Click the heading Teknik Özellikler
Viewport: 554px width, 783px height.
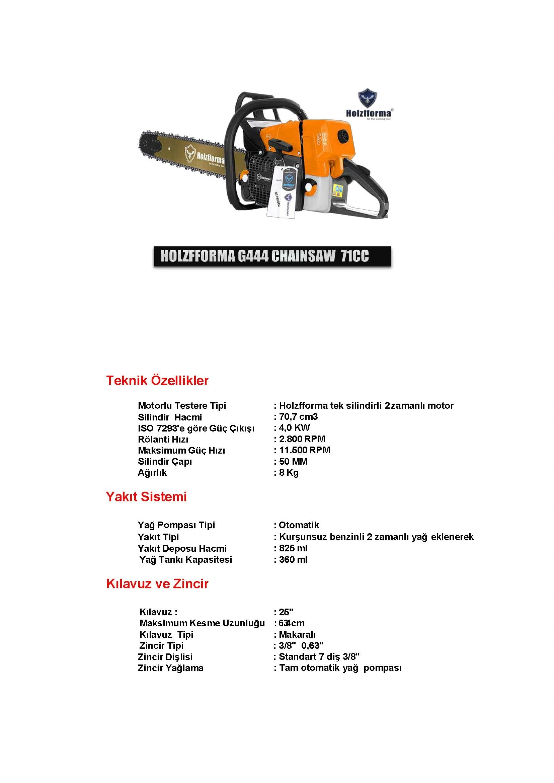point(157,380)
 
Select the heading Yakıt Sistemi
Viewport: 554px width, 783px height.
point(146,497)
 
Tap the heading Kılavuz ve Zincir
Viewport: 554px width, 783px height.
point(157,584)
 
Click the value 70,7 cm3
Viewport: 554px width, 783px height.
point(298,416)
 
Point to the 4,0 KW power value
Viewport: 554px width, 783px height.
point(294,428)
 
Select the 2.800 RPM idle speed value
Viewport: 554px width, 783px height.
point(302,439)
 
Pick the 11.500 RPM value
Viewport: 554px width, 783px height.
point(305,450)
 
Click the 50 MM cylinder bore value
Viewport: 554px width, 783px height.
point(293,462)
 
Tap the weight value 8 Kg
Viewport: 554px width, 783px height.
point(289,473)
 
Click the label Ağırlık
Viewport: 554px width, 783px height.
point(152,473)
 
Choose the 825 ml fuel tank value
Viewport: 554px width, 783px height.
point(293,548)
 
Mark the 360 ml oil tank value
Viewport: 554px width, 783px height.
point(293,559)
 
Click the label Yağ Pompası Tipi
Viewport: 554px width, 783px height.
point(176,525)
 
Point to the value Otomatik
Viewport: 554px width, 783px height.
point(299,525)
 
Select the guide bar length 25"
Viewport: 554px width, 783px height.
point(286,612)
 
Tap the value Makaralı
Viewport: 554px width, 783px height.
point(297,635)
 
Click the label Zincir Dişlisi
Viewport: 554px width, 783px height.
point(165,657)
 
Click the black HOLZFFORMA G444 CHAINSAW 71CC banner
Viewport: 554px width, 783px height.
point(272,256)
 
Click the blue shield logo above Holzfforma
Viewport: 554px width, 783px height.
point(368,98)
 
